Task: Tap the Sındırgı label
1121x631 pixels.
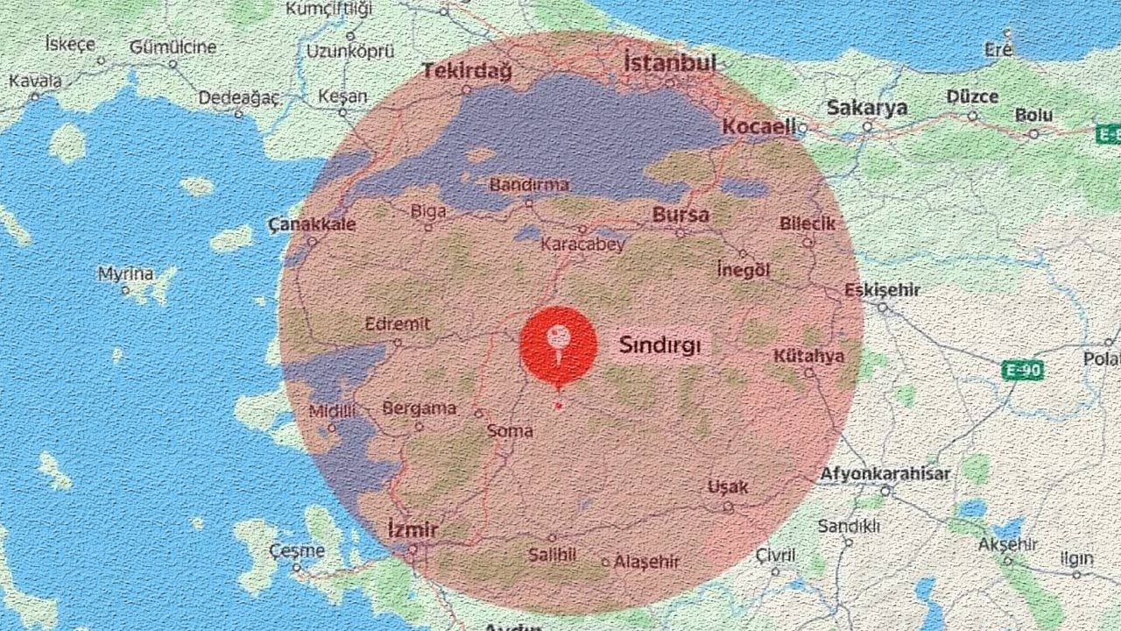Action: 660,344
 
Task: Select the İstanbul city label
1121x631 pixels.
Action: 669,62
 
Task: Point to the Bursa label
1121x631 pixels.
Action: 680,216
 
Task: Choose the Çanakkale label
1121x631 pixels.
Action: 313,224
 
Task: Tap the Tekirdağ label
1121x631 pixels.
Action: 467,71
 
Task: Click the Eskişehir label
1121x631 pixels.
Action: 883,290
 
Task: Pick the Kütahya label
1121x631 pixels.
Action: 808,356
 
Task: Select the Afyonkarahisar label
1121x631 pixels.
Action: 885,474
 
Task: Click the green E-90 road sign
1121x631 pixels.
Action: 1022,371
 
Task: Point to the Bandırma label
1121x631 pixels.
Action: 529,185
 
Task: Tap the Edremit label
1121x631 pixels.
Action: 398,323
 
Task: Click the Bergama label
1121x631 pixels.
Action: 419,408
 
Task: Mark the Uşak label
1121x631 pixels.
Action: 729,487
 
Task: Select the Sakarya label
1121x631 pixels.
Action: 867,109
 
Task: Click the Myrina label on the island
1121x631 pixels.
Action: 125,274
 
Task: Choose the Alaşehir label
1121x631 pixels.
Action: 646,562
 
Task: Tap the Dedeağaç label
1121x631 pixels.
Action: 238,97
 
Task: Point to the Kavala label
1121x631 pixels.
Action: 36,82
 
